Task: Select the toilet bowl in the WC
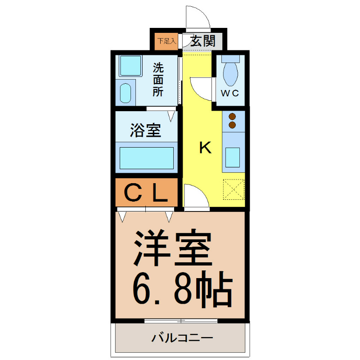click(x=231, y=72)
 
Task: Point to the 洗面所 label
click(x=158, y=80)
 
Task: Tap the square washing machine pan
click(x=130, y=66)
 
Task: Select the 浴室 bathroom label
click(x=145, y=130)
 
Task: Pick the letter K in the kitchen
click(x=205, y=148)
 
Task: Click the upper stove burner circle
click(x=233, y=116)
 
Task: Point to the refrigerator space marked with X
click(x=234, y=189)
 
